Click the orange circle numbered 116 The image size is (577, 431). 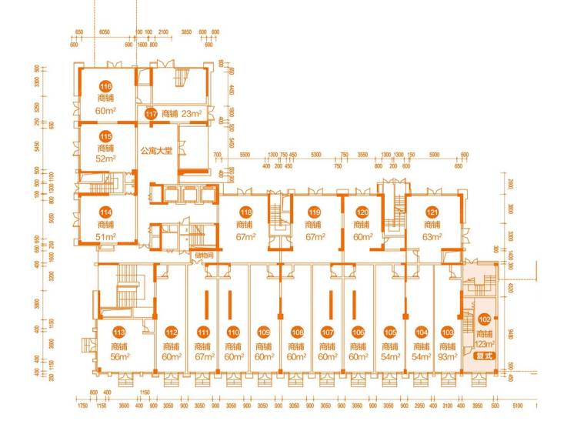(x=105, y=87)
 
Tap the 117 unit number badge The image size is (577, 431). (x=152, y=115)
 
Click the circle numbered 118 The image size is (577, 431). (x=245, y=212)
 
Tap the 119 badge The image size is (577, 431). (x=314, y=212)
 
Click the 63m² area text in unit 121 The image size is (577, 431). (x=432, y=236)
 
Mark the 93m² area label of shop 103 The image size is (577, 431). (x=448, y=357)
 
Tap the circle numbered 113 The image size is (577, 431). (x=118, y=332)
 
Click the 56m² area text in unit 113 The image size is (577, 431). (x=118, y=357)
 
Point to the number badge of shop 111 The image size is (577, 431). (x=203, y=332)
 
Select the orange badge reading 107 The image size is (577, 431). (x=328, y=332)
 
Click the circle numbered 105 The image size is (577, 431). (x=390, y=332)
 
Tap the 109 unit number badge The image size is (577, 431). (x=265, y=332)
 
